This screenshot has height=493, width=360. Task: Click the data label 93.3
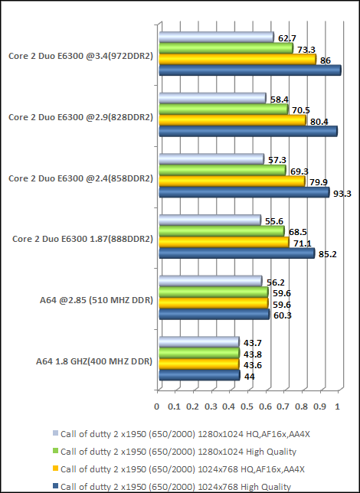point(343,194)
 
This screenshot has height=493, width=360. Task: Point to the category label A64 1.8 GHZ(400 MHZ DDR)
point(94,361)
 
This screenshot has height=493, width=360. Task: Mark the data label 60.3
point(283,315)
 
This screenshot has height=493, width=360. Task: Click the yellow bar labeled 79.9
point(234,181)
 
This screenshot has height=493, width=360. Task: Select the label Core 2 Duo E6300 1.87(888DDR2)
point(83,239)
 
